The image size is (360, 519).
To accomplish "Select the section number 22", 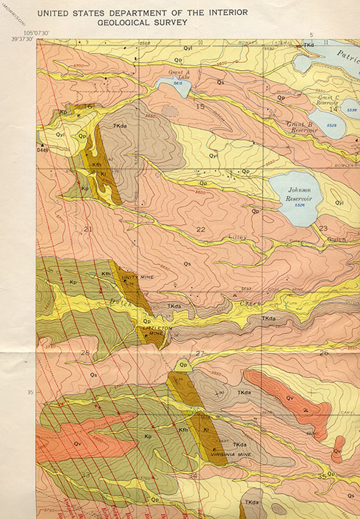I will pos(201,230).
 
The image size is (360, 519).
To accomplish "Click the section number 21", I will pos(88,229).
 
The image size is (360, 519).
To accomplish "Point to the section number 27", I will pos(200,353).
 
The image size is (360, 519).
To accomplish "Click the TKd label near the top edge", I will pos(309,45).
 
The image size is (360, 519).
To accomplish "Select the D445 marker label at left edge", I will pos(44,150).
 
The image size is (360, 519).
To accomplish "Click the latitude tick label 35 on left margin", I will pos(29,392).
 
